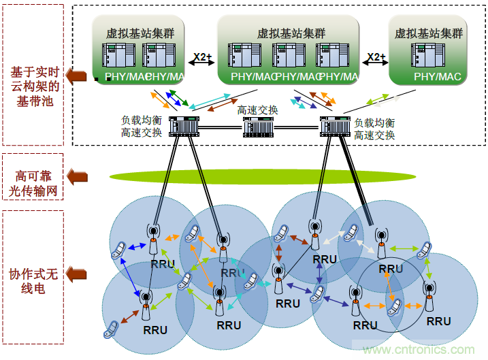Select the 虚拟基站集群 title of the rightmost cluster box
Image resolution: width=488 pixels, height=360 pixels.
pyautogui.click(x=429, y=33)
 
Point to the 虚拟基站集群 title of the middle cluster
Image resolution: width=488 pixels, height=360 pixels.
pyautogui.click(x=291, y=33)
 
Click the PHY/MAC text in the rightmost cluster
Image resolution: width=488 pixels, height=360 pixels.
pyautogui.click(x=438, y=77)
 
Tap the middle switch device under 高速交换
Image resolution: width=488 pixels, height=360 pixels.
pyautogui.click(x=259, y=127)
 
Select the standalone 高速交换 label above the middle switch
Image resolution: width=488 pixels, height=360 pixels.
pyautogui.click(x=257, y=110)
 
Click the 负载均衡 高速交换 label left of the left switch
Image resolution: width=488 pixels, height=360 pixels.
pyautogui.click(x=142, y=127)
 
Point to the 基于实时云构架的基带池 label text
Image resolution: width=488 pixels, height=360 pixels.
pyautogui.click(x=35, y=86)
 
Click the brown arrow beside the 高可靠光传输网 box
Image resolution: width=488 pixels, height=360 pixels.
pyautogui.click(x=80, y=177)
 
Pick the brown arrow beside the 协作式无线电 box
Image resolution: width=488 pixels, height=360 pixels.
pyautogui.click(x=80, y=274)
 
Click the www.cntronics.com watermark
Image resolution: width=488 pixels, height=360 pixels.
pyautogui.click(x=419, y=349)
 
